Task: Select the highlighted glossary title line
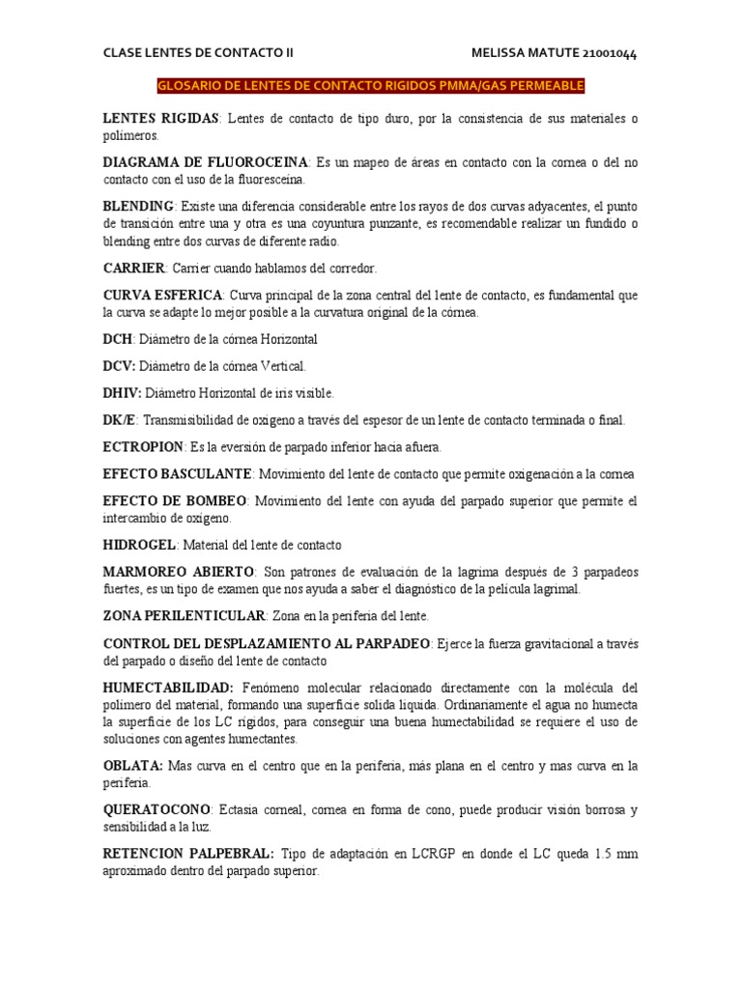pos(370,86)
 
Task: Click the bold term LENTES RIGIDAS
pos(161,118)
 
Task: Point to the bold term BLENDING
pos(138,206)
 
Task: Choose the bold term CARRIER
pos(134,267)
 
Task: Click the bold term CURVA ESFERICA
pos(162,294)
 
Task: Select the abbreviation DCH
pos(118,339)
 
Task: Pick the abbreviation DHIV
pos(122,393)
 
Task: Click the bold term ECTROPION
pos(143,446)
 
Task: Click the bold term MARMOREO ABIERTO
pos(179,572)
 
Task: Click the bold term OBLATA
pos(132,765)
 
